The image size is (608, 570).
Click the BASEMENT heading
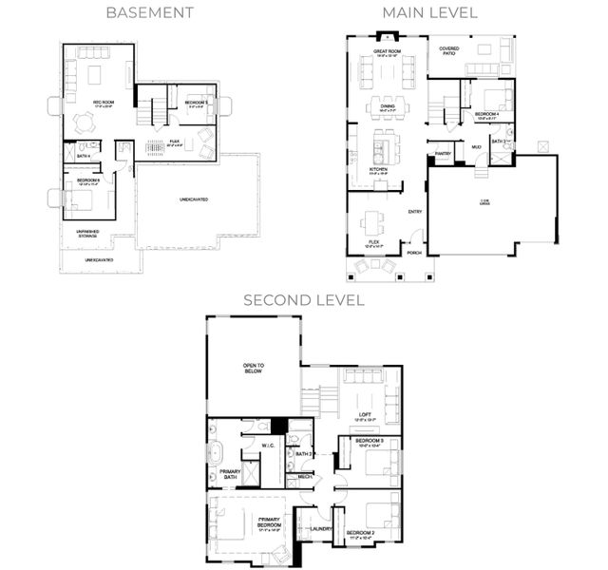pos(150,12)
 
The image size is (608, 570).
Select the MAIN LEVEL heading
pos(429,12)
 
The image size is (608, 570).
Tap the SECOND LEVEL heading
pos(303,299)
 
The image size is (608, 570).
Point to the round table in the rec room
pos(85,122)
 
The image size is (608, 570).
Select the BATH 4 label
pos(84,156)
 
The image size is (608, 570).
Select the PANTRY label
pos(442,153)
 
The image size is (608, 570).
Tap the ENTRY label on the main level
pos(415,211)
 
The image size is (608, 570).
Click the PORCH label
pos(413,253)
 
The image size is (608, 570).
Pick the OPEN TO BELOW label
pos(253,369)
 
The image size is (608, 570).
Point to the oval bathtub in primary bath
pos(215,449)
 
